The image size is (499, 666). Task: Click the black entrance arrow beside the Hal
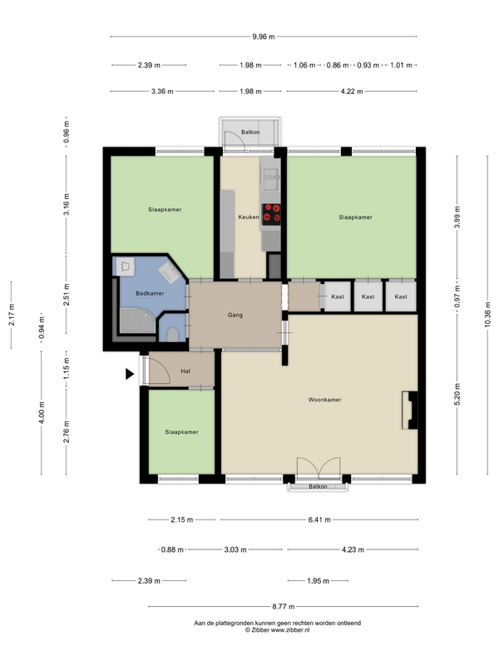(x=130, y=374)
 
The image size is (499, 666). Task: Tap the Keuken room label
(x=248, y=217)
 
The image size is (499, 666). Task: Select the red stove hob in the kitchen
(x=271, y=214)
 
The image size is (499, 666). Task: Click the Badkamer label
(x=150, y=293)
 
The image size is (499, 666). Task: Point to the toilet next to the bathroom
(x=173, y=335)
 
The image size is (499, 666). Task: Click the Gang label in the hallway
(x=235, y=315)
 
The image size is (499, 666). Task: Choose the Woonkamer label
(x=324, y=400)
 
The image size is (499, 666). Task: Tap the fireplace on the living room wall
(x=409, y=410)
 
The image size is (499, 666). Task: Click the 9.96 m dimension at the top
(x=264, y=37)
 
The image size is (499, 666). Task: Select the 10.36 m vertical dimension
(x=487, y=315)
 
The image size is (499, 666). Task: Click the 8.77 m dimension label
(x=284, y=607)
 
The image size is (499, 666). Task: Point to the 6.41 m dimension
(x=319, y=519)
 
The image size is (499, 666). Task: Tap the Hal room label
(x=185, y=371)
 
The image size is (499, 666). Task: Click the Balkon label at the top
(x=250, y=132)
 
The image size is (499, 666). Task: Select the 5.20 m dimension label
(x=457, y=394)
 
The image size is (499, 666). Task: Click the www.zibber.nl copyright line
(x=277, y=630)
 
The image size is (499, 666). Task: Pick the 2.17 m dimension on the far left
(x=12, y=315)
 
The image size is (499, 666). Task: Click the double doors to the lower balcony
(x=319, y=467)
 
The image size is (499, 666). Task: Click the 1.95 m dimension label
(x=319, y=580)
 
